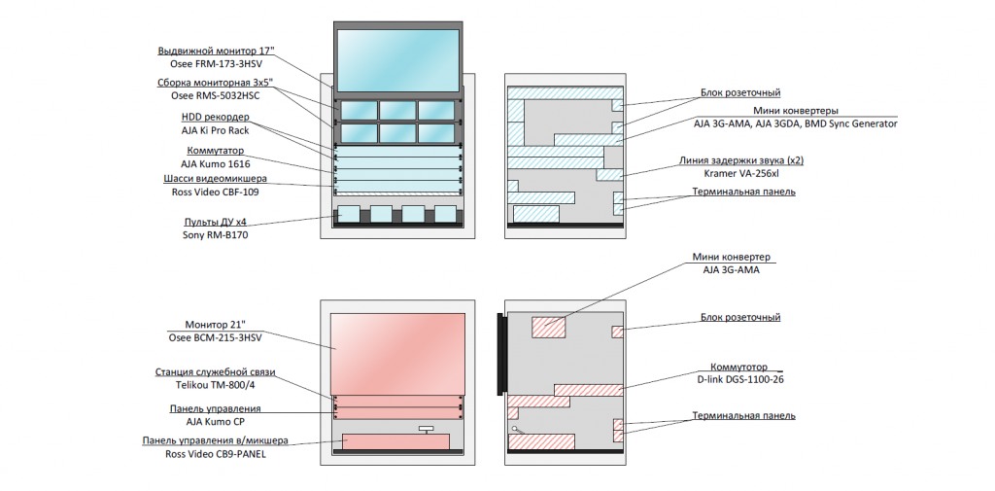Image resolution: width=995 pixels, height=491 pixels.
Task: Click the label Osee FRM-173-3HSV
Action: [x=216, y=64]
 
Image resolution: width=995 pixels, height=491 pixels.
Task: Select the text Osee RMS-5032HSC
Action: [x=215, y=96]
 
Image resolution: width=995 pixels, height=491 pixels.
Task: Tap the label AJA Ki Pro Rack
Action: [x=215, y=131]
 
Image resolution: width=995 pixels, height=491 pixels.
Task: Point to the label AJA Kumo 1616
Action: [x=215, y=164]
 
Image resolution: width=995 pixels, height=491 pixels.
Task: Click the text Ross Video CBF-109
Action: [x=215, y=192]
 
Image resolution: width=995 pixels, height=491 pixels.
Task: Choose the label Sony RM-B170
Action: [x=215, y=235]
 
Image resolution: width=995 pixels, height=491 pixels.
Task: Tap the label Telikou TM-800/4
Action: [x=215, y=385]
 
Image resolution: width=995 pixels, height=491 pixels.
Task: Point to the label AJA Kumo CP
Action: [x=215, y=421]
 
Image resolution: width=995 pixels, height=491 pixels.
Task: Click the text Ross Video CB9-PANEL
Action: [x=215, y=454]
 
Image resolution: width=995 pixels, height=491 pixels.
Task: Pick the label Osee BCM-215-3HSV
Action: [x=215, y=338]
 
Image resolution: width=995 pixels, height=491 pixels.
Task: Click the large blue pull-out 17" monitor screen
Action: [x=397, y=60]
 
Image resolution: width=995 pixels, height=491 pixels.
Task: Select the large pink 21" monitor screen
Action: [x=397, y=354]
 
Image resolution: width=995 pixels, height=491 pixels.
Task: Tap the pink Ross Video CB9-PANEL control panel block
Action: [x=395, y=442]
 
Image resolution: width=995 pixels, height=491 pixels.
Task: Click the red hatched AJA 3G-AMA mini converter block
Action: [x=548, y=327]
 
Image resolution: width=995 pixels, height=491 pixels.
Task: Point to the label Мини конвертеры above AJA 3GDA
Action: [x=796, y=111]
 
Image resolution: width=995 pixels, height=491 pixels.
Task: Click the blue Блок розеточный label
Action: [x=740, y=93]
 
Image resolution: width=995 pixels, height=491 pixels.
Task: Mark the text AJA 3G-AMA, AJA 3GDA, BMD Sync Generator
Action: [x=796, y=123]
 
